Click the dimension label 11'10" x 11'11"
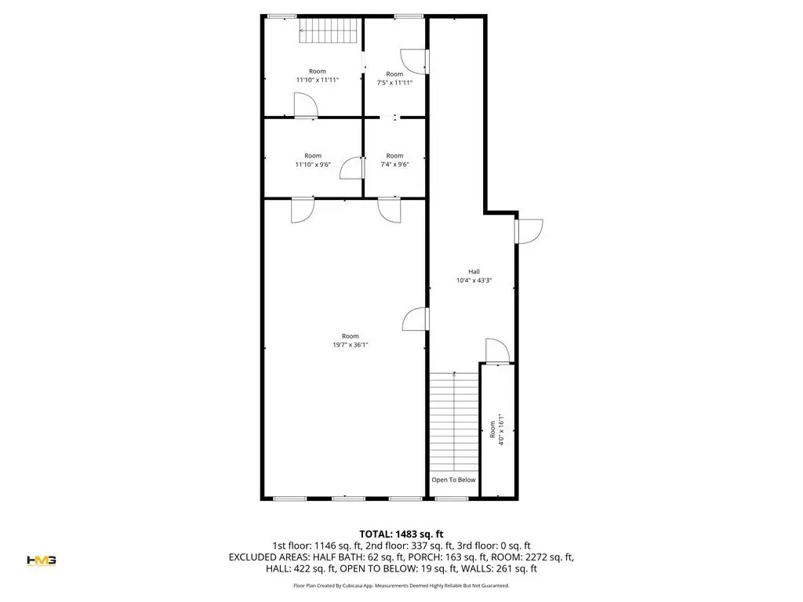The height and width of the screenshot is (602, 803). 318,80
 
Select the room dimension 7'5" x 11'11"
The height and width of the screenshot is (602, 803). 394,82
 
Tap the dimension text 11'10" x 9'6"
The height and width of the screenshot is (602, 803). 313,165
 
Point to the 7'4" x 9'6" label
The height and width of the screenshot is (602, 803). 394,165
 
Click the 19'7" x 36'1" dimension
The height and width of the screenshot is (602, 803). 351,345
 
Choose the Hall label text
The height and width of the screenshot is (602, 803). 474,272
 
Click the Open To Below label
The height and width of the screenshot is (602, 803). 453,480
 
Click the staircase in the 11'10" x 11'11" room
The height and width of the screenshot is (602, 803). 328,31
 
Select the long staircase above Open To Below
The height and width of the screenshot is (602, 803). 454,422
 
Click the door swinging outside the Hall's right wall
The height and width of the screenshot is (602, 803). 529,231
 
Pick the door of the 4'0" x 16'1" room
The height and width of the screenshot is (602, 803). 497,351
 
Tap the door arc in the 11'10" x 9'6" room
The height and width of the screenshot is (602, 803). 352,168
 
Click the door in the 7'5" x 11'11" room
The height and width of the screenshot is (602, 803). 414,61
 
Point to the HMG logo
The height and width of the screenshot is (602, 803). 42,560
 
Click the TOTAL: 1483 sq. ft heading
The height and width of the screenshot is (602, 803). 401,535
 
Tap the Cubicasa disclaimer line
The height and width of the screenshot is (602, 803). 401,585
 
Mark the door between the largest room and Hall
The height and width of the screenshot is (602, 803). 416,320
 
